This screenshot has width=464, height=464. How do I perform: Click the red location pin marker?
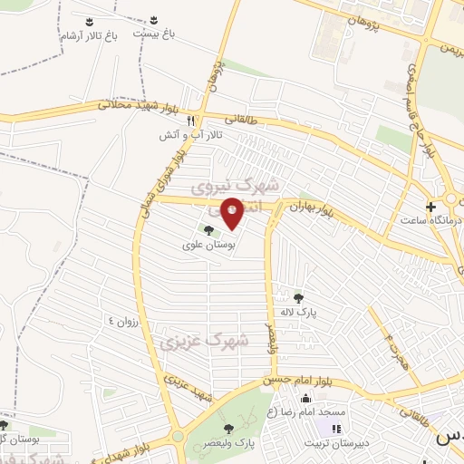233,214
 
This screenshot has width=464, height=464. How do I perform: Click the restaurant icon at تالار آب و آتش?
190,121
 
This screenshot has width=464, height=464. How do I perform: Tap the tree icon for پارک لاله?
298,296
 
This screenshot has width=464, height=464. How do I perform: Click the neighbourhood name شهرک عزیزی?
191,342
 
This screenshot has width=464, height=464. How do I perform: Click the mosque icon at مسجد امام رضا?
305,400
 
